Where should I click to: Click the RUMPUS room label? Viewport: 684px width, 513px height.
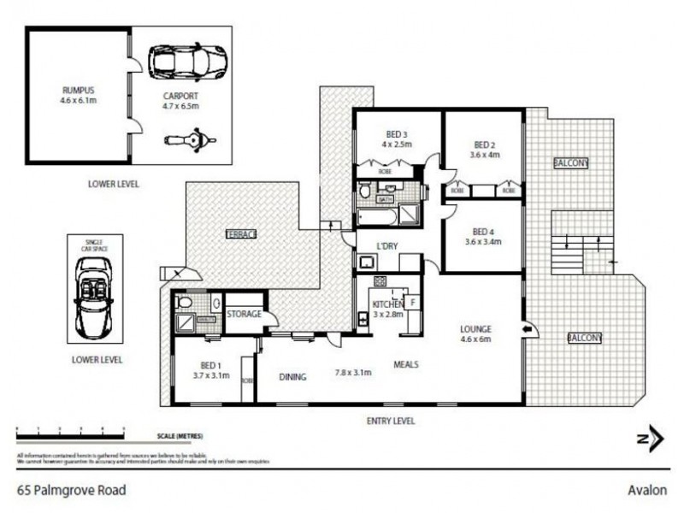click(x=77, y=89)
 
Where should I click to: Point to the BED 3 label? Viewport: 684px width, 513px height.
click(x=397, y=133)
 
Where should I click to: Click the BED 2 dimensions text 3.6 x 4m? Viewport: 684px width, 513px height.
click(x=484, y=155)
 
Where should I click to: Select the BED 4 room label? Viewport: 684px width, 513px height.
click(x=484, y=231)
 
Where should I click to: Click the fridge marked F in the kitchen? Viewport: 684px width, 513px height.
click(x=412, y=303)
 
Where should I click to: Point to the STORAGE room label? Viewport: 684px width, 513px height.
click(x=244, y=315)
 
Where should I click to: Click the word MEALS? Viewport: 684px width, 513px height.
click(x=404, y=363)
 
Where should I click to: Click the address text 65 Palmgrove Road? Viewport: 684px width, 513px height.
click(x=72, y=491)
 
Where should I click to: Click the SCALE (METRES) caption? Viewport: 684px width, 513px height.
click(x=180, y=436)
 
